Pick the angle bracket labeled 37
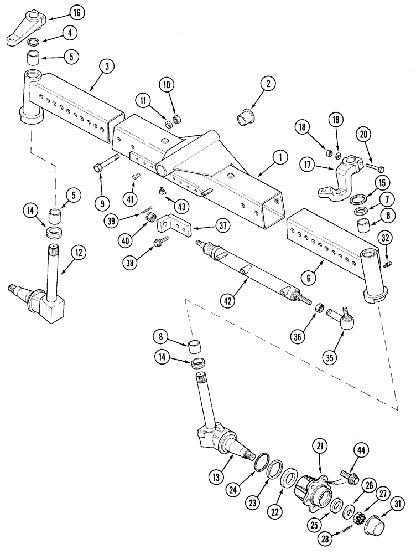click(x=173, y=227)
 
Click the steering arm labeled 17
click(x=332, y=182)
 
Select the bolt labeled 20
click(x=375, y=166)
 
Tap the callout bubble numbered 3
click(x=107, y=66)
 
